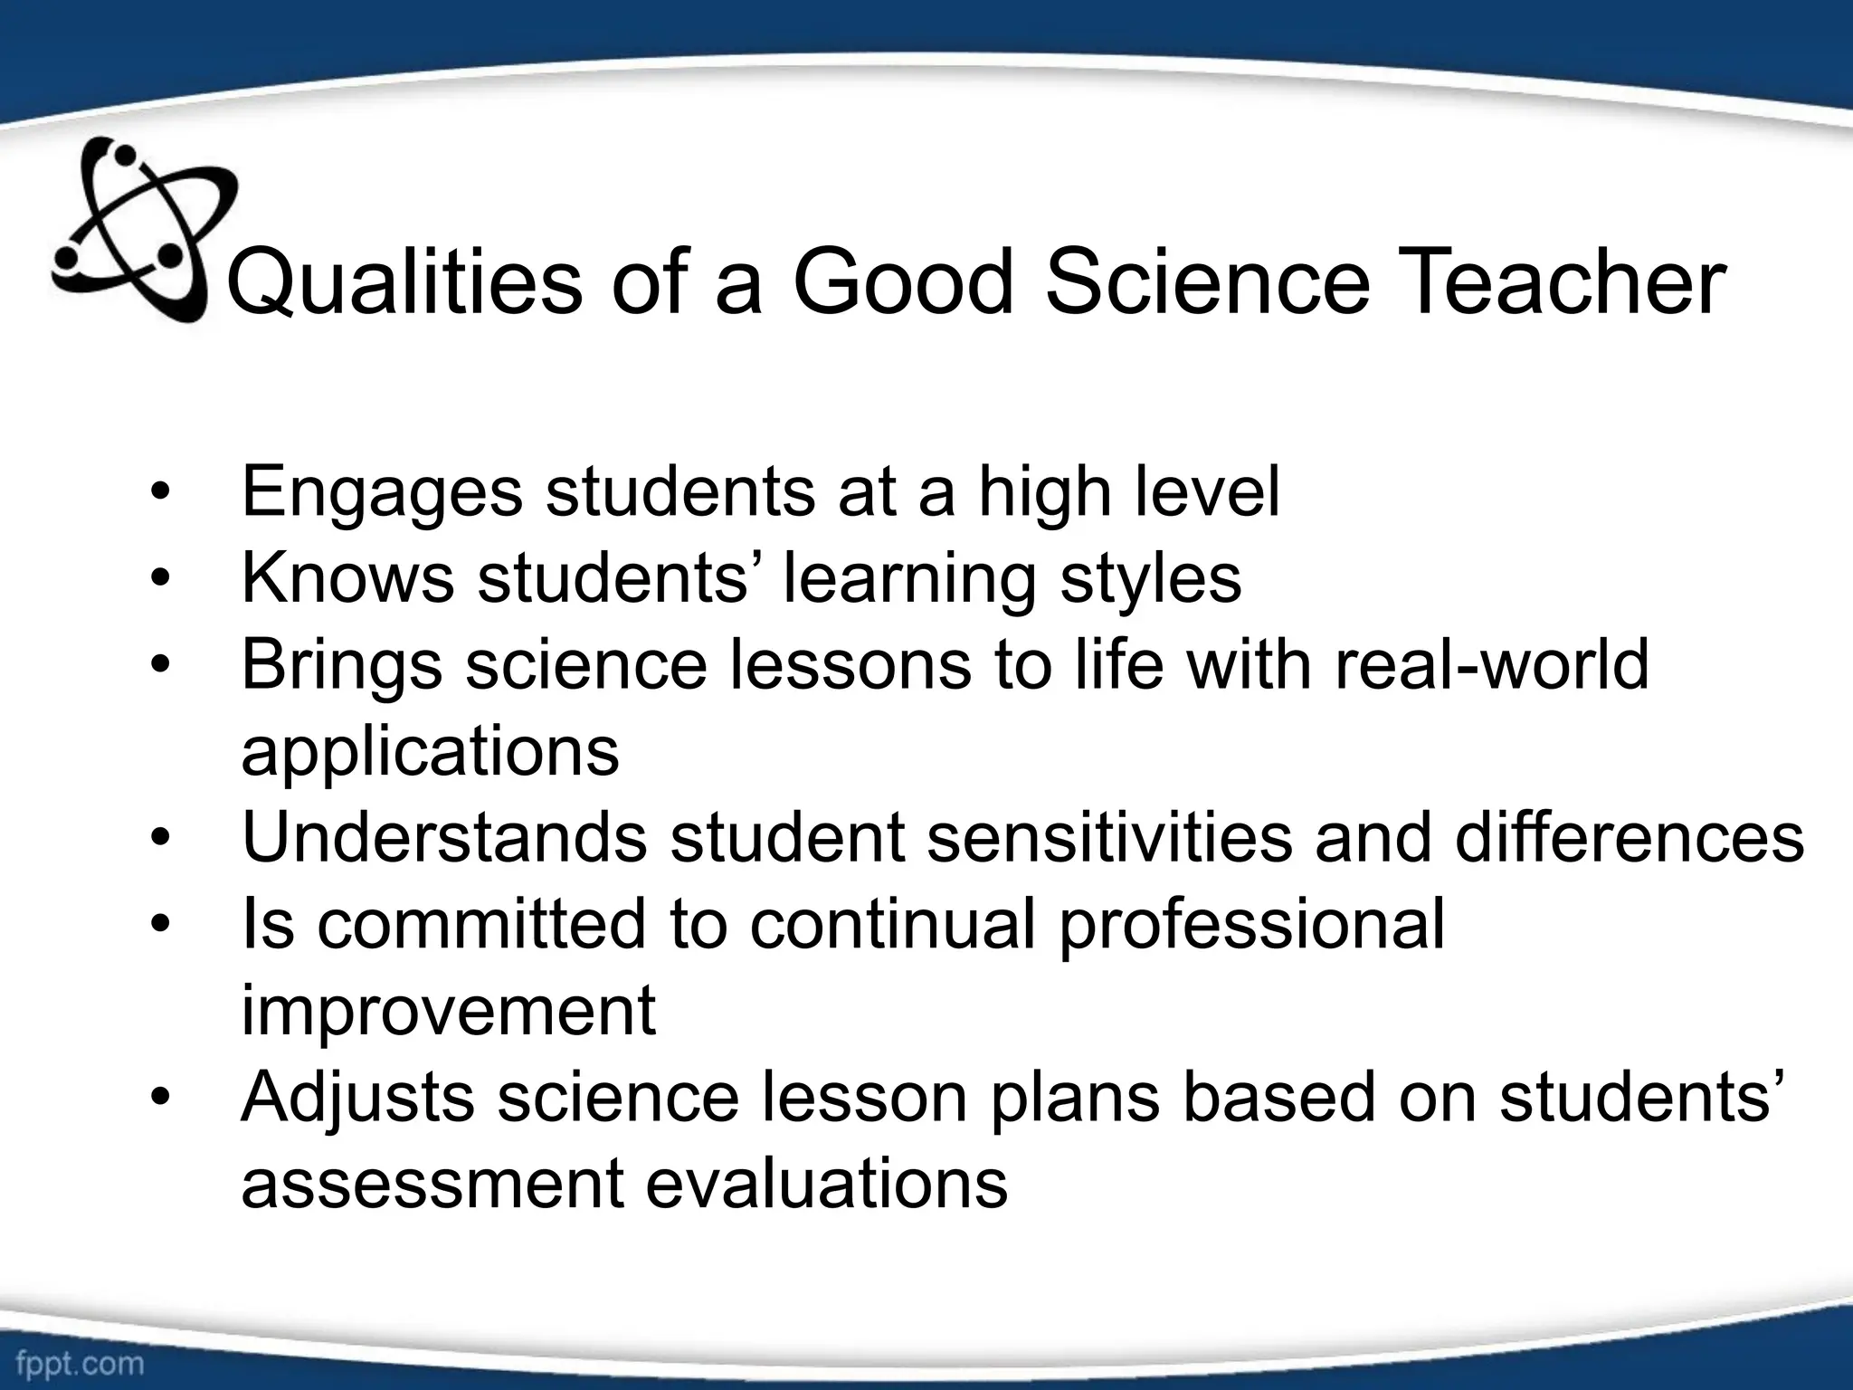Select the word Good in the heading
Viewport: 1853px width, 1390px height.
coord(904,282)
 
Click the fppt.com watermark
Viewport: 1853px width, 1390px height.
coord(80,1363)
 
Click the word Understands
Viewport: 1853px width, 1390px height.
coord(444,837)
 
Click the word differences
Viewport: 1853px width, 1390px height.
coord(1630,837)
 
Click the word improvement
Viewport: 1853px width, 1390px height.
coord(448,1012)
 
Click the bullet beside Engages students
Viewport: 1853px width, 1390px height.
coord(160,494)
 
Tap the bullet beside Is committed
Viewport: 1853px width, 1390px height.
coord(160,925)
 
